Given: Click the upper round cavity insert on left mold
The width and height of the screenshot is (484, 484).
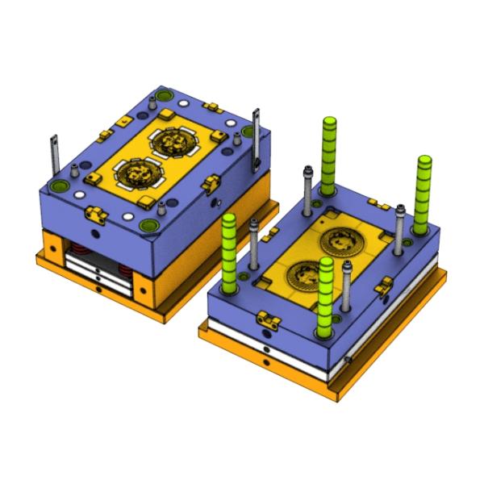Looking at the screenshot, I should [x=172, y=142].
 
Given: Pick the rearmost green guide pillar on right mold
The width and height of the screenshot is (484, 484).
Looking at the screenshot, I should [x=328, y=153].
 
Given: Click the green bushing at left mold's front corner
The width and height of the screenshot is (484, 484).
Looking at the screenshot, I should [x=148, y=227].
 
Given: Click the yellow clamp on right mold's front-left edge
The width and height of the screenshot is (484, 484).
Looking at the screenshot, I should [x=268, y=321].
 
